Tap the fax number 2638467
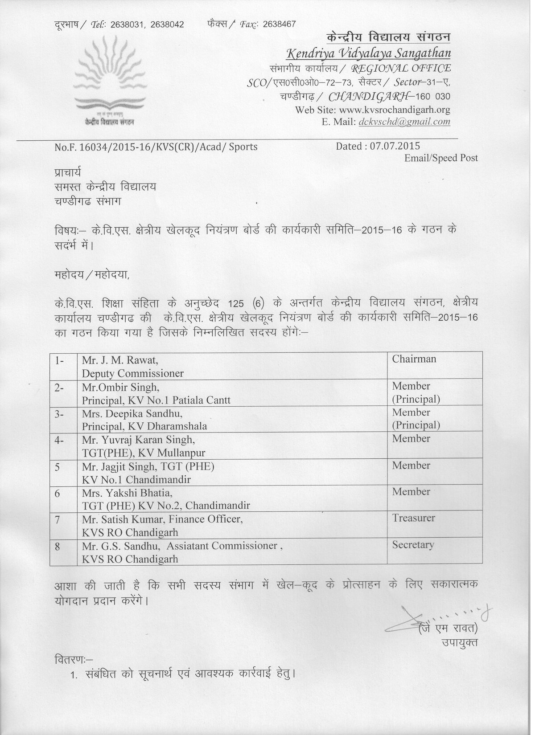coord(279,24)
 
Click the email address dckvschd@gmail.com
coord(404,122)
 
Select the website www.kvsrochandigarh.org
coord(395,110)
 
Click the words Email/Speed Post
coord(441,158)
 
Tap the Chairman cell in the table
coord(414,359)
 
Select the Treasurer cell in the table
coord(413,518)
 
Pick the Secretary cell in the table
coord(413,545)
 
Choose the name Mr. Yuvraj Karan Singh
coord(138,440)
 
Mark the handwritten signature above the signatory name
coord(428,617)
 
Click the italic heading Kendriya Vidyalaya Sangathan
coord(368,54)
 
